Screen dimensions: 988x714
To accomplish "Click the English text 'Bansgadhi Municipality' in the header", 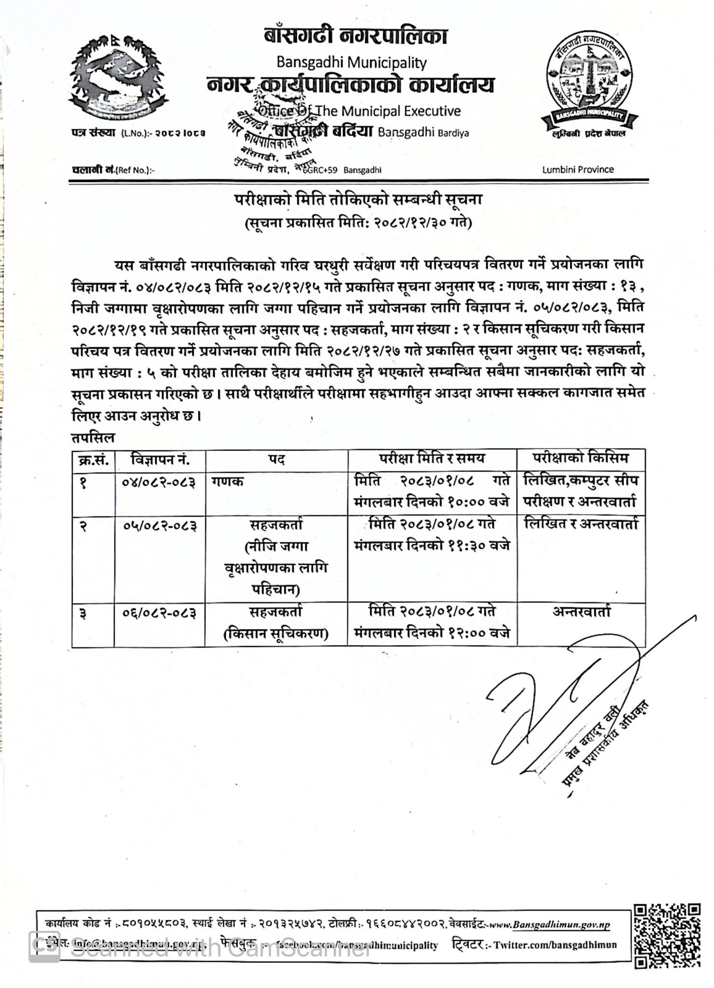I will coord(351,62).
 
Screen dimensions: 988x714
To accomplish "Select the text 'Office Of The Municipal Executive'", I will coord(359,111).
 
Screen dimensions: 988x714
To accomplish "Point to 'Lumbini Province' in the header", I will coord(578,169).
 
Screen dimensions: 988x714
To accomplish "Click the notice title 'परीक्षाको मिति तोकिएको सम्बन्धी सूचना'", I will coord(358,200).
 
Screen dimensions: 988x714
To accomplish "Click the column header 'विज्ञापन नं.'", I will coord(160,460).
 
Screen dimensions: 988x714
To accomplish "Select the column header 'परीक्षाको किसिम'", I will coord(581,458).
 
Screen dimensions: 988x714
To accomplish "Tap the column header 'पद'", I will coord(276,460).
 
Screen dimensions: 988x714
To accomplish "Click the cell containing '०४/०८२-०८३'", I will coord(159,482).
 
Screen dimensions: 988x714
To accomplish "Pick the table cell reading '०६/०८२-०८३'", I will coord(159,613).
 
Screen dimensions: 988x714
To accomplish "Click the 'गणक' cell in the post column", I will coord(227,481).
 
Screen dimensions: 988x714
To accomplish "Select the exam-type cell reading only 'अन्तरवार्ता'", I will coord(581,612).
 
